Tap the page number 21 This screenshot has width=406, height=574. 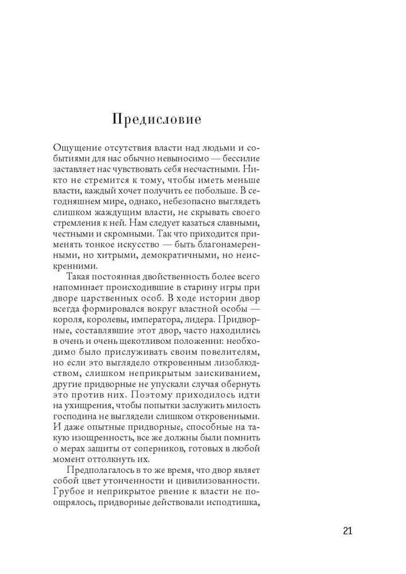pyautogui.click(x=348, y=530)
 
